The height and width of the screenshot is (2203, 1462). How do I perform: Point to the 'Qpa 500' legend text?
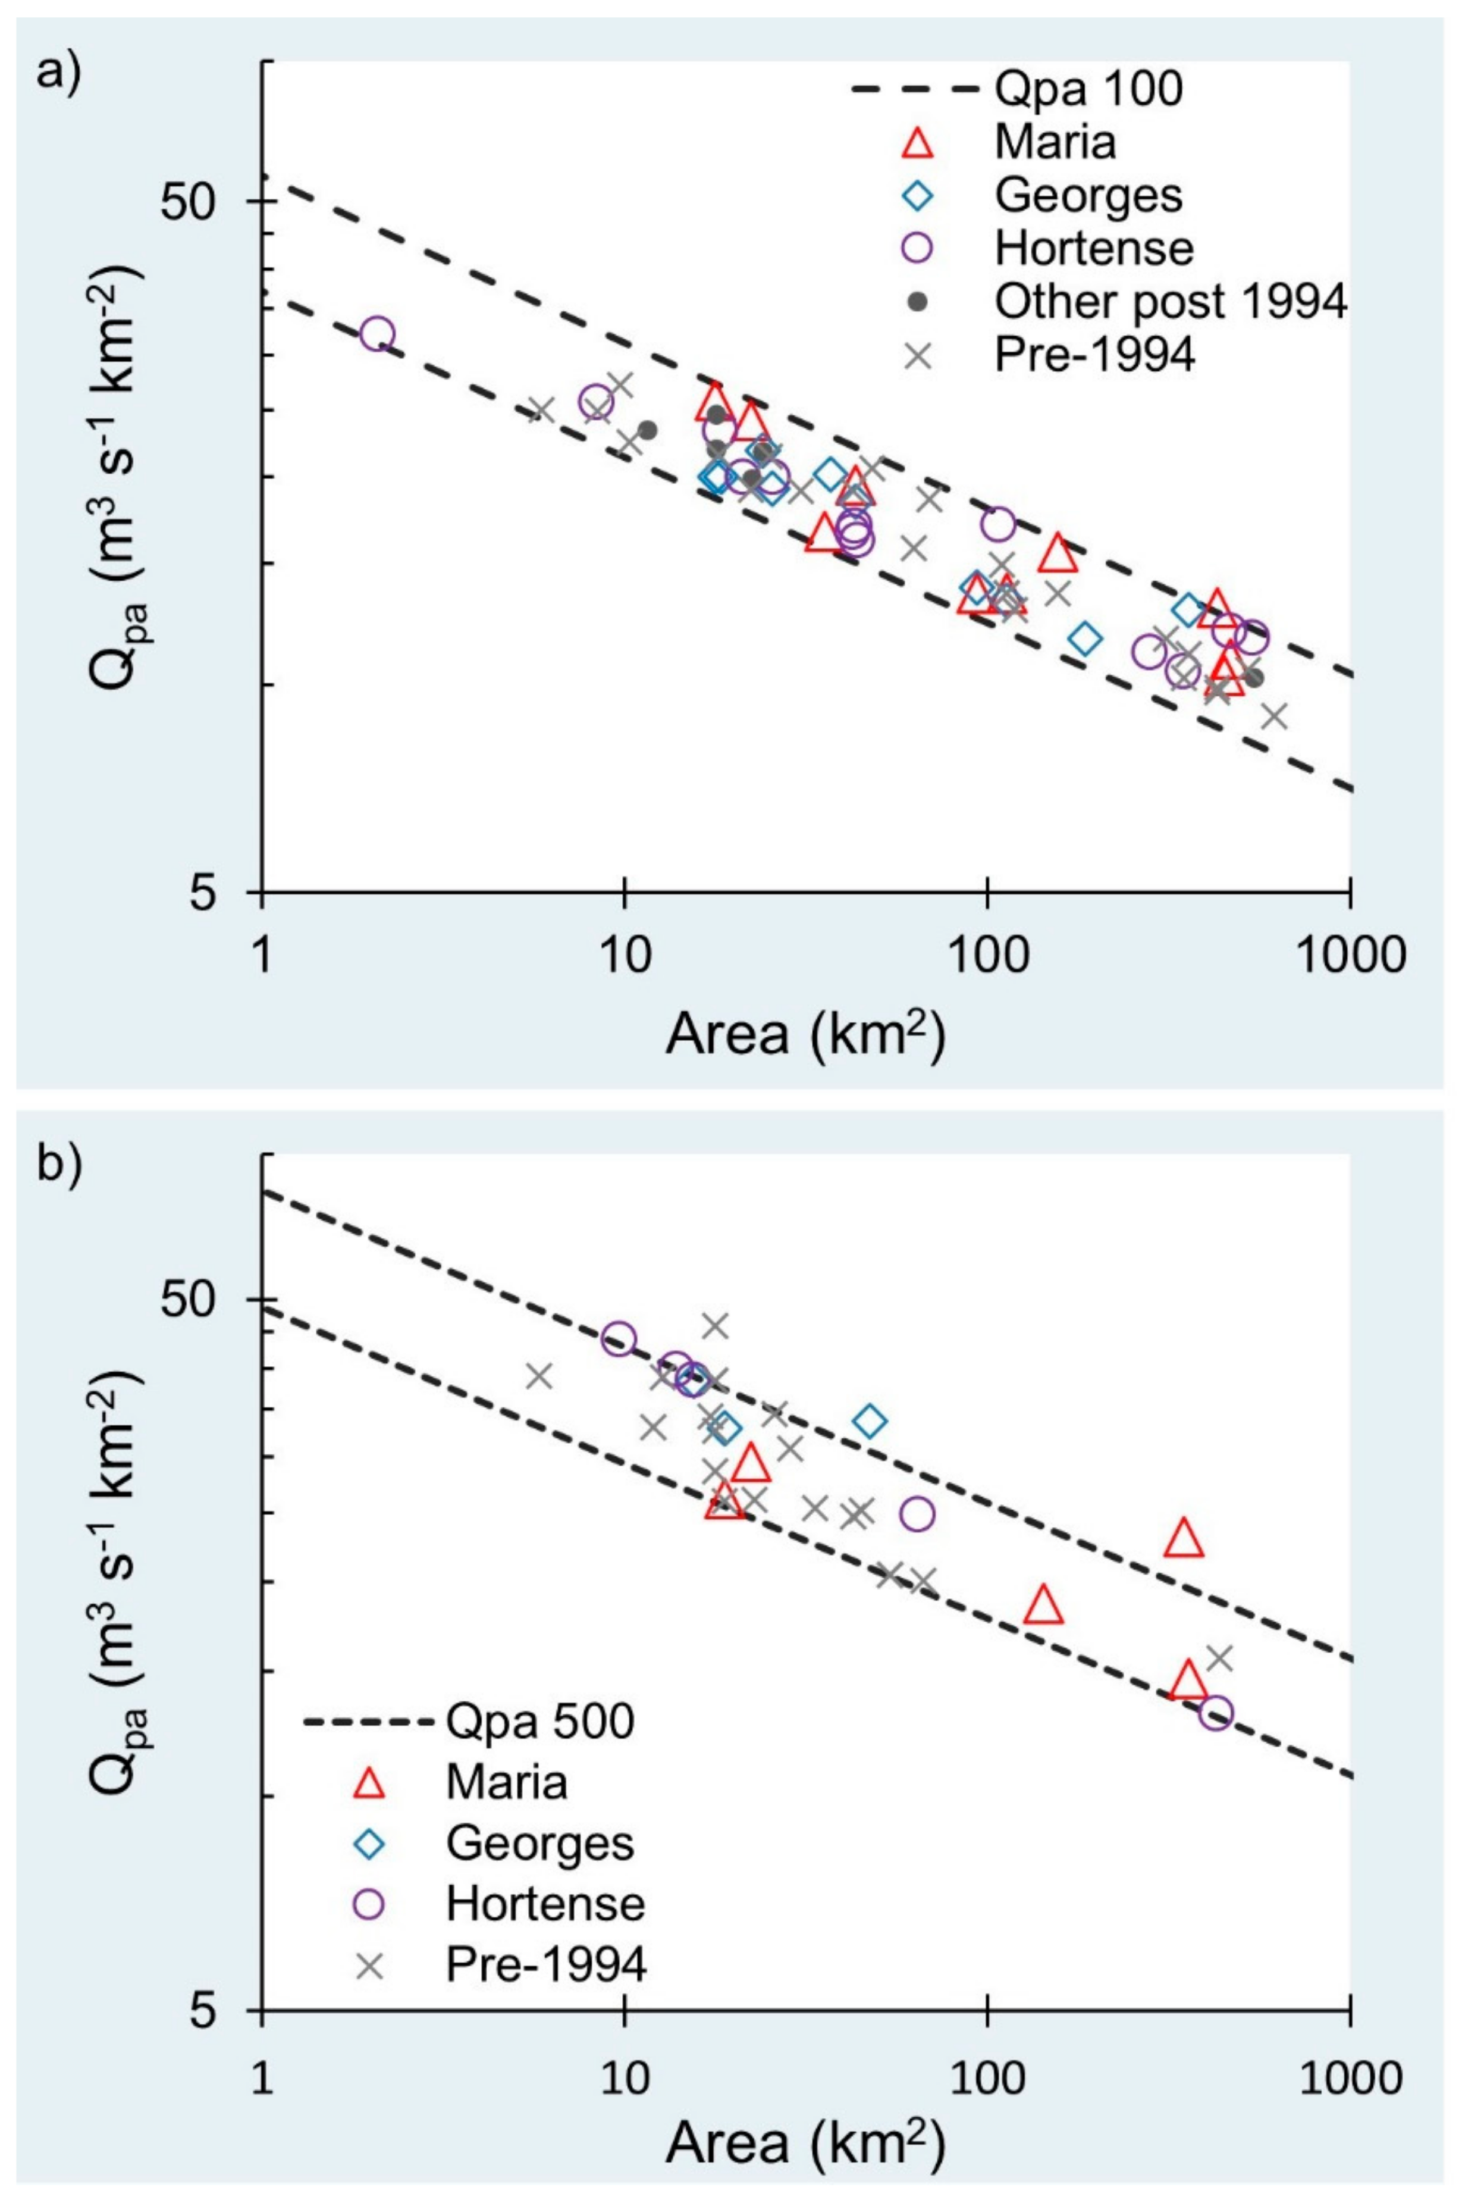[x=539, y=1722]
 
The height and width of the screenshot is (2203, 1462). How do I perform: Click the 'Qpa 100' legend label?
[x=1088, y=89]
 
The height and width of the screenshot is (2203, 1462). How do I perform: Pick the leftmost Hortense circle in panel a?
[x=377, y=333]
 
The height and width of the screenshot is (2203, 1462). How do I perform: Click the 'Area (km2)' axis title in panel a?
[x=805, y=1035]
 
